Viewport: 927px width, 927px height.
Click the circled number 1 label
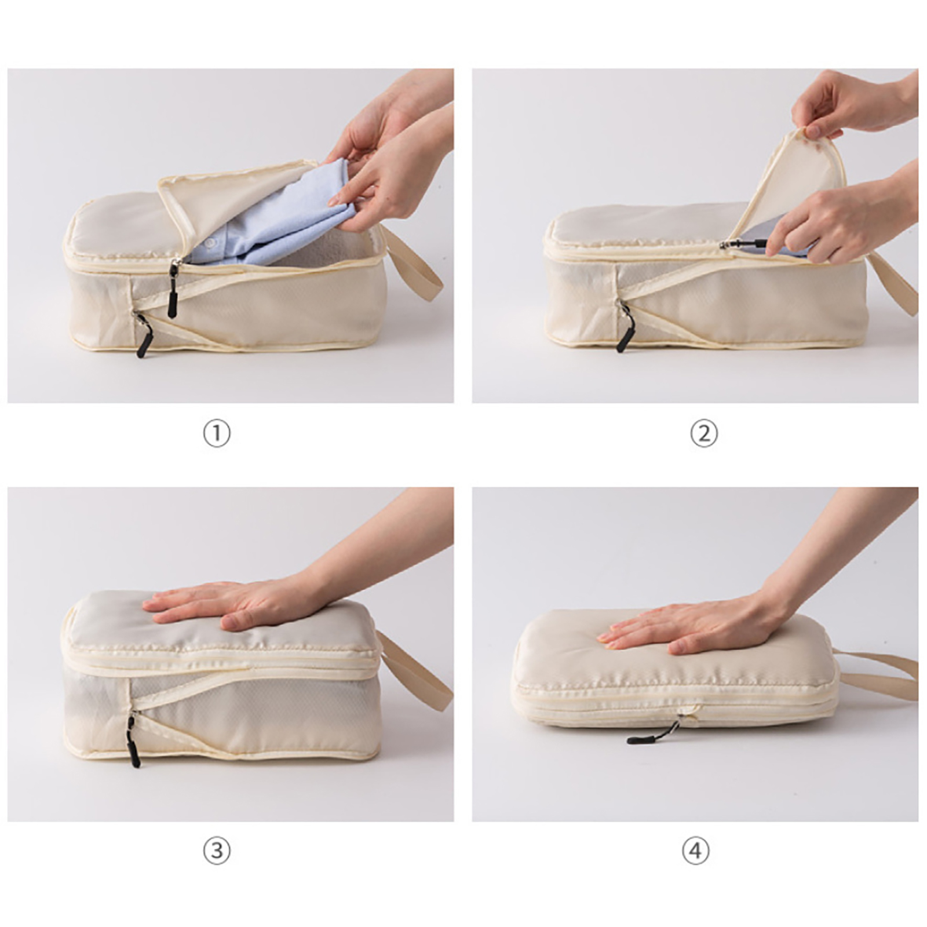(217, 434)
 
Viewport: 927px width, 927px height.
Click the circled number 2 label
(704, 434)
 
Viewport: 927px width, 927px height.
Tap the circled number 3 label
(217, 851)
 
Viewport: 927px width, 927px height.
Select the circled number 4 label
(695, 851)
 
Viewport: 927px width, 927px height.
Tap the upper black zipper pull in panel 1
(173, 290)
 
